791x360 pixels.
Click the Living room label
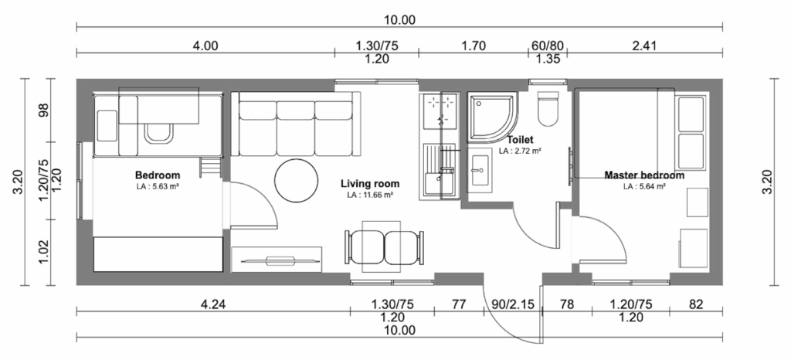point(370,184)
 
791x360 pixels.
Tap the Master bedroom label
point(644,175)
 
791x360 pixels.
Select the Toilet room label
point(520,140)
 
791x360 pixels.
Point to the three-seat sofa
point(295,124)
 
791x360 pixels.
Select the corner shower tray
point(493,116)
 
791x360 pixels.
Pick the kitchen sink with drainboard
point(440,169)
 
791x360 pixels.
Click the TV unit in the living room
point(277,260)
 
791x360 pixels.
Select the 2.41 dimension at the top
point(643,46)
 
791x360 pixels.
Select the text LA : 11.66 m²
point(370,195)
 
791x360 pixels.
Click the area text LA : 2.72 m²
point(520,150)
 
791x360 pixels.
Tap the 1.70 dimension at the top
point(474,46)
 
